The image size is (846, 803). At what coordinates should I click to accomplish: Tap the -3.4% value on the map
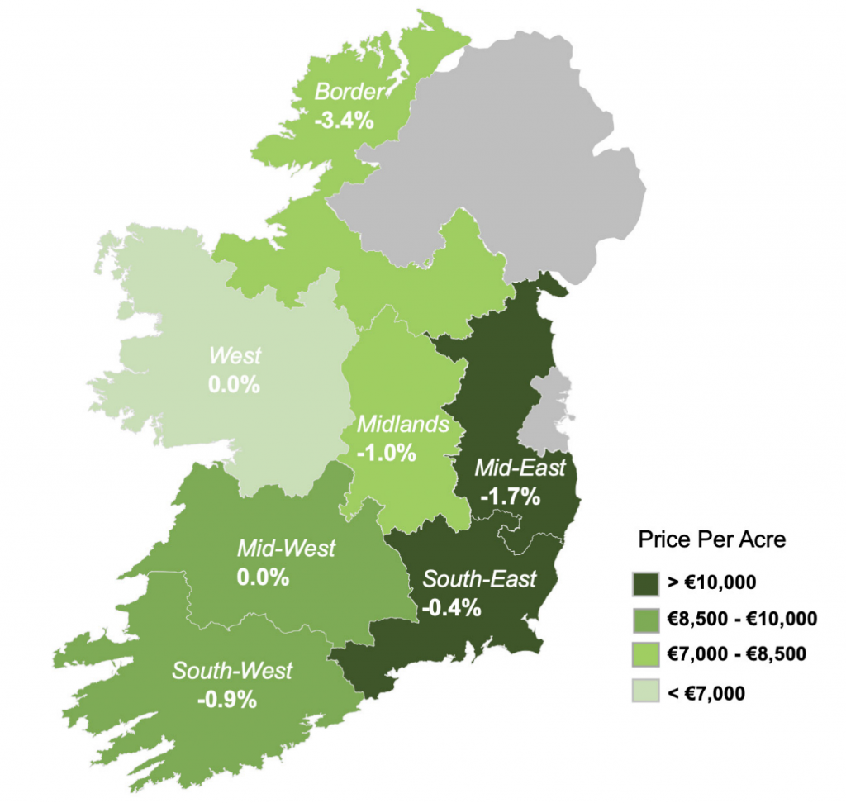point(345,120)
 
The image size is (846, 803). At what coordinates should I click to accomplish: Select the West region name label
point(235,357)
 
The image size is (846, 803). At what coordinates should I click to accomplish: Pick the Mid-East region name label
point(520,468)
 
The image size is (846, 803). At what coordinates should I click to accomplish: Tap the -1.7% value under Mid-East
point(510,497)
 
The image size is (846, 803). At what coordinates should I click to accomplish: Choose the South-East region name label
point(479,578)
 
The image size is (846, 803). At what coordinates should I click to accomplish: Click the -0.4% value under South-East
point(451,608)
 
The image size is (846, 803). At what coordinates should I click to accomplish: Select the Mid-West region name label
point(286,548)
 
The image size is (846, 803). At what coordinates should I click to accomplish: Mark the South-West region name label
point(232,670)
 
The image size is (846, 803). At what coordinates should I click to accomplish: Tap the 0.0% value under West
point(235,385)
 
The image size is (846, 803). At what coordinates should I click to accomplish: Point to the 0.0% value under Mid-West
point(263,577)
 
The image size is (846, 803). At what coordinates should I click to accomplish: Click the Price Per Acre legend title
point(711,540)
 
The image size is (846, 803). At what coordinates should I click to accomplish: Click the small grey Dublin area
point(550,405)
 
